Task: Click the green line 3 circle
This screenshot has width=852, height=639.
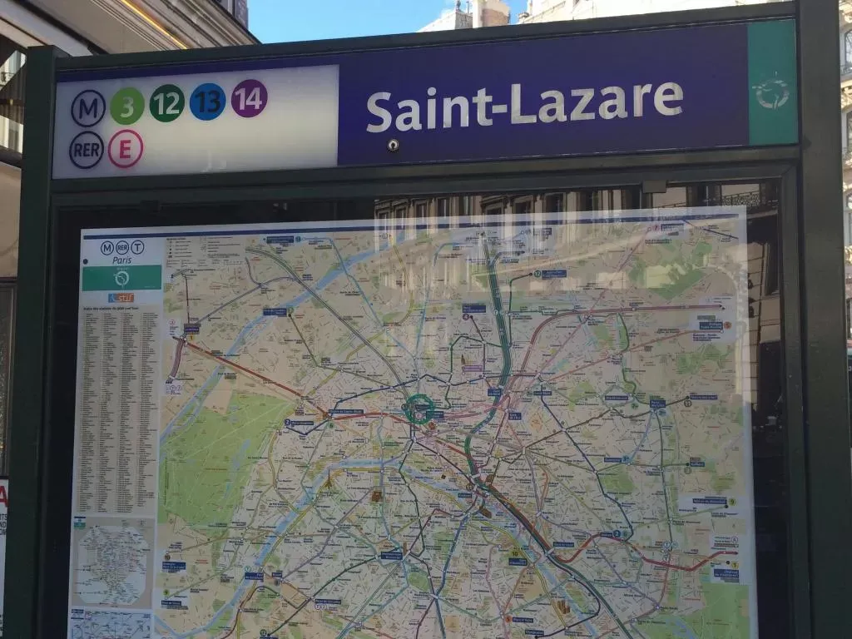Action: pos(127,106)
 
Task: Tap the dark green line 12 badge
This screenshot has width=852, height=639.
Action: pos(167,103)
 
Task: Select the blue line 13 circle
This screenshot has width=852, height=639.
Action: pos(207,102)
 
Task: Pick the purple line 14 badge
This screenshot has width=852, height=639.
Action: pos(249,98)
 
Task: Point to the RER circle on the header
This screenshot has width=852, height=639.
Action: pos(87,150)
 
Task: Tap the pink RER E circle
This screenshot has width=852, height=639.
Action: pos(126,148)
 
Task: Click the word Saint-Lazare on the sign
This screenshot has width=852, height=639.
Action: pos(524,104)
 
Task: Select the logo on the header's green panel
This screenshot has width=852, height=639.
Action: pos(771,92)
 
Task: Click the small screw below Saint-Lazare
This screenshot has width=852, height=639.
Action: pos(393,145)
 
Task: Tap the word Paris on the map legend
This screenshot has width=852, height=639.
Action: pos(121,259)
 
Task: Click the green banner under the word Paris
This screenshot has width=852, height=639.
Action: pos(121,278)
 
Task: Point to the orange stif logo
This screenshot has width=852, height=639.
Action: pos(121,298)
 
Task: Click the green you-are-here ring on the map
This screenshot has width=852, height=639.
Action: pos(418,408)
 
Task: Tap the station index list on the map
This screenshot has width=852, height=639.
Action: pos(119,408)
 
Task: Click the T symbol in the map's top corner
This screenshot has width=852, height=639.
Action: pos(137,247)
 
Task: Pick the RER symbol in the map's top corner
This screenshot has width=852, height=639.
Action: pos(121,247)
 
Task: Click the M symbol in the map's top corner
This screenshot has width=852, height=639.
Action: pos(106,247)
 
